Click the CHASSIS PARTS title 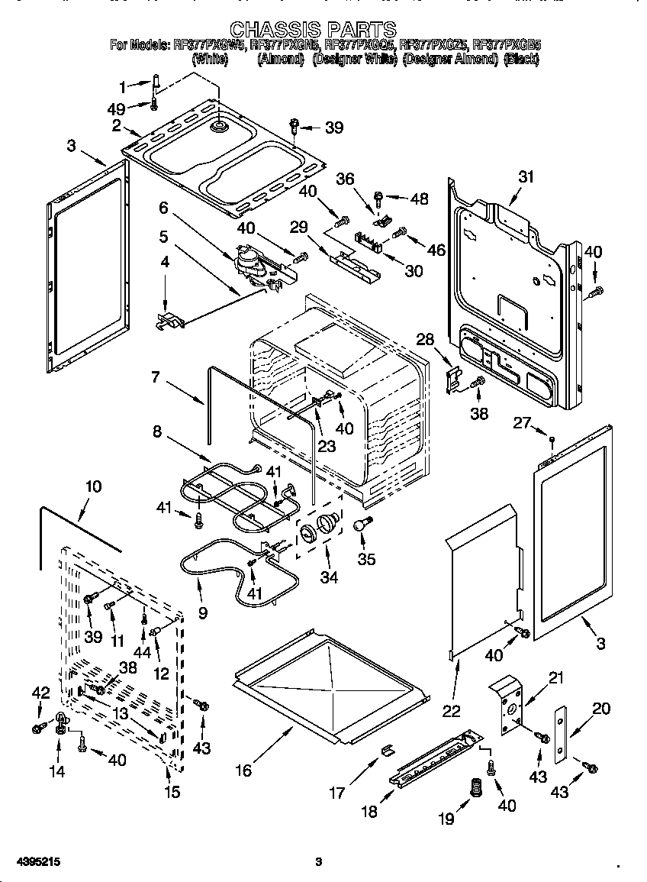coord(313,30)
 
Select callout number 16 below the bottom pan coord(243,771)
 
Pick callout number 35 coord(366,559)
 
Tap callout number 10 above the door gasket coord(92,486)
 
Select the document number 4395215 coord(33,861)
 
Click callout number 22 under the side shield coord(452,710)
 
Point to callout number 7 coord(156,377)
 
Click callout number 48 coord(419,199)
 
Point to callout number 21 coord(555,678)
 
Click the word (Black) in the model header coord(522,58)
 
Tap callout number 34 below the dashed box coord(328,577)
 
